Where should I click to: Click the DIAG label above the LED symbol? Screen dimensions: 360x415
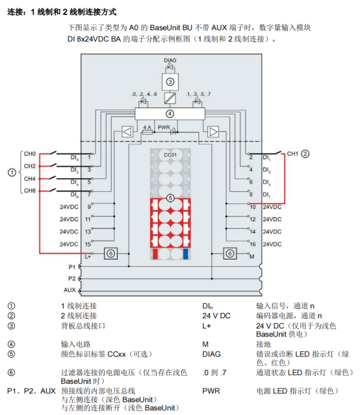click(x=170, y=60)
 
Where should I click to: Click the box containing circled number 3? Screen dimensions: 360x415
click(x=170, y=82)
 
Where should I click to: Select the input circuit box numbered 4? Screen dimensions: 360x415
click(x=170, y=114)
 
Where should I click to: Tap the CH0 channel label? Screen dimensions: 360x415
click(x=30, y=154)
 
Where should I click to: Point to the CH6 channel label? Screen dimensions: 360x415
click(x=30, y=191)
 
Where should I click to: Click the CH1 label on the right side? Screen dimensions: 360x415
click(x=292, y=154)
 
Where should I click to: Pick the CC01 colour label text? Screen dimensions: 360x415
click(x=170, y=155)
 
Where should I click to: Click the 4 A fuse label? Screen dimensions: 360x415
click(x=148, y=127)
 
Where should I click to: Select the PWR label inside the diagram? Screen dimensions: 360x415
click(x=164, y=127)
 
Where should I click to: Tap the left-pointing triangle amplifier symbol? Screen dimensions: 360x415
click(x=127, y=132)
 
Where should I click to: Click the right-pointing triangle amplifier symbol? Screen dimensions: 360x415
click(x=213, y=132)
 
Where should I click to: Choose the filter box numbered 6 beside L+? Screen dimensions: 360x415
click(x=110, y=254)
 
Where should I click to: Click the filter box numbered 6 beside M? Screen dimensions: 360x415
click(x=229, y=254)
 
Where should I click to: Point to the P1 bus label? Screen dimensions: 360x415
click(x=72, y=267)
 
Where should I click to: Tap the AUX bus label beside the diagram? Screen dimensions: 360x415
click(x=70, y=290)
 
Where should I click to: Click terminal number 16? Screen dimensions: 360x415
click(x=253, y=245)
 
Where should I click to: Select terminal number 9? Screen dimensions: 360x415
click(x=89, y=207)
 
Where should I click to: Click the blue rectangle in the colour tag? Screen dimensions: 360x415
click(x=186, y=254)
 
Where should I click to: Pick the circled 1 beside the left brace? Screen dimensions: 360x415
click(x=12, y=172)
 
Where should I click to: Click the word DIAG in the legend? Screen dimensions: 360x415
click(x=211, y=354)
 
